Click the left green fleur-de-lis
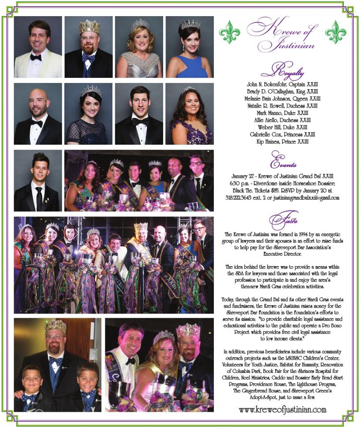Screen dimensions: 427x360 tap(230, 32)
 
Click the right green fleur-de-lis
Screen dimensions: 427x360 tap(335, 32)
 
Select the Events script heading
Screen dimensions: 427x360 tap(283, 160)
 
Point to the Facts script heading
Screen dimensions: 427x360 tap(283, 220)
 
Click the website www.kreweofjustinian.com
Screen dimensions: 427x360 tap(283, 409)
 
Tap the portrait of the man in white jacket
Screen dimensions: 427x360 tap(38, 47)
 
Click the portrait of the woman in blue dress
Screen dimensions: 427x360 tap(189, 47)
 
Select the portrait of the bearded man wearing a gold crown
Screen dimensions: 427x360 tap(88, 47)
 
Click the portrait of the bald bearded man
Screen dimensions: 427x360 tap(38, 114)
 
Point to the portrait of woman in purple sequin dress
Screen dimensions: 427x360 tap(189, 114)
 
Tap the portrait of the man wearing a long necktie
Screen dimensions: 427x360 tap(38, 181)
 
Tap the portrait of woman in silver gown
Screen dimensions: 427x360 tap(139, 47)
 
